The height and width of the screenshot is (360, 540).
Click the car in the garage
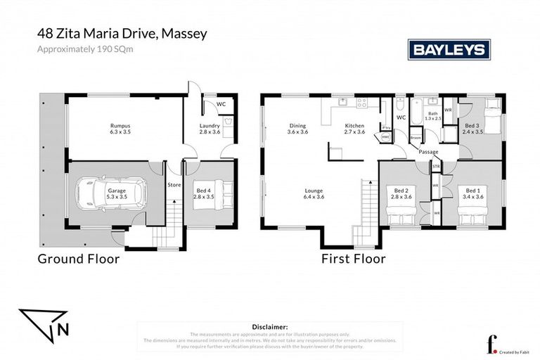[110, 194]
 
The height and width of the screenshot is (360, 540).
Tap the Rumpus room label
[120, 126]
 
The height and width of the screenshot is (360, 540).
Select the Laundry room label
[210, 126]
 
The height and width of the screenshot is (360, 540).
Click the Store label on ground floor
[174, 186]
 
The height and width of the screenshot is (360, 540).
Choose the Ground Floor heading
[78, 259]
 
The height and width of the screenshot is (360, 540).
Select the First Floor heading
[354, 259]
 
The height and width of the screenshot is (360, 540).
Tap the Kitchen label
[355, 126]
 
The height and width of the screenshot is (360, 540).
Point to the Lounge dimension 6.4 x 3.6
[314, 197]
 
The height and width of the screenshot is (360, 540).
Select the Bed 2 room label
[401, 190]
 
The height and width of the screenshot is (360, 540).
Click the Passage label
[428, 152]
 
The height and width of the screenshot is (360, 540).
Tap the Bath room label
[433, 113]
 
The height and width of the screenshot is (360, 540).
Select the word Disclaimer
[269, 327]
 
